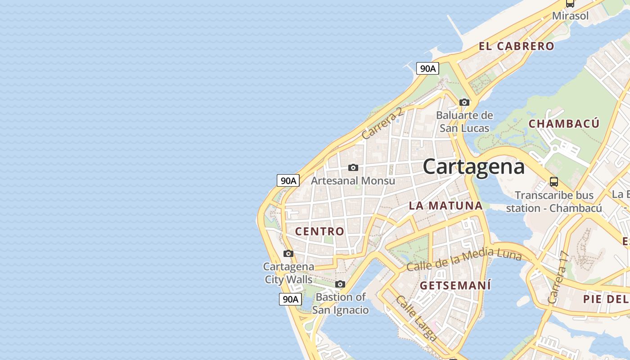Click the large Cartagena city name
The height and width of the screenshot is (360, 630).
pyautogui.click(x=473, y=167)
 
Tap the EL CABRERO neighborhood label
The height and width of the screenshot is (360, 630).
pyautogui.click(x=516, y=46)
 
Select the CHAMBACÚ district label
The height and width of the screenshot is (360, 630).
pyautogui.click(x=564, y=124)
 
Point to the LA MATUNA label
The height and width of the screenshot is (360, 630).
pyautogui.click(x=445, y=206)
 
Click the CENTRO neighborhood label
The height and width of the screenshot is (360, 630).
pyautogui.click(x=319, y=231)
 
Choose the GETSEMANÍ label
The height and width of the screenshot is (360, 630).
pyautogui.click(x=455, y=285)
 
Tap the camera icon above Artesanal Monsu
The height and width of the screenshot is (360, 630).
pyautogui.click(x=353, y=168)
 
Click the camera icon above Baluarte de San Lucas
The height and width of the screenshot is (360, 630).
pyautogui.click(x=464, y=103)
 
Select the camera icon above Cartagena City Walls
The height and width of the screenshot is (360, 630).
pyautogui.click(x=288, y=254)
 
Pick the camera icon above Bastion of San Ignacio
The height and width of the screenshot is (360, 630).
pyautogui.click(x=340, y=284)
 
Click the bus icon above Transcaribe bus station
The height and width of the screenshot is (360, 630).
pyautogui.click(x=554, y=182)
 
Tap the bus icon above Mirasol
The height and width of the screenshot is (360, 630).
pyautogui.click(x=570, y=4)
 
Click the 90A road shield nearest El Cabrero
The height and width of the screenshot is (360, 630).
pyautogui.click(x=427, y=68)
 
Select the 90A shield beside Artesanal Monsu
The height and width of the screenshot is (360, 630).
pyautogui.click(x=288, y=180)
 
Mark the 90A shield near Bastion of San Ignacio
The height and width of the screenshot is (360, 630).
pyautogui.click(x=290, y=299)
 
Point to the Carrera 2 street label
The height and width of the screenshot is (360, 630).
pyautogui.click(x=382, y=123)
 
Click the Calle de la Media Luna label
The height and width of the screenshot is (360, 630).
pyautogui.click(x=464, y=260)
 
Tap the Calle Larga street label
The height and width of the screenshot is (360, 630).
pyautogui.click(x=416, y=318)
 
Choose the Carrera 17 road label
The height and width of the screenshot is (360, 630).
pyautogui.click(x=558, y=277)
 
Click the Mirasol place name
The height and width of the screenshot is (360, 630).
pyautogui.click(x=570, y=16)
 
